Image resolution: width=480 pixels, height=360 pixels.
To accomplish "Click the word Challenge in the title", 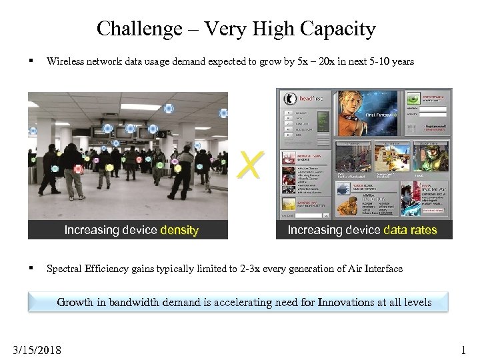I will pyautogui.click(x=130, y=29).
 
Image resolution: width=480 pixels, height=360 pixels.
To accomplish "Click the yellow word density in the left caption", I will pyautogui.click(x=179, y=230).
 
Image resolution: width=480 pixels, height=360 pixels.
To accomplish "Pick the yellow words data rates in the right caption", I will pyautogui.click(x=409, y=230).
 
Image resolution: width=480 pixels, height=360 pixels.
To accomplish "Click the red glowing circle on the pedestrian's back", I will pyautogui.click(x=78, y=169).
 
